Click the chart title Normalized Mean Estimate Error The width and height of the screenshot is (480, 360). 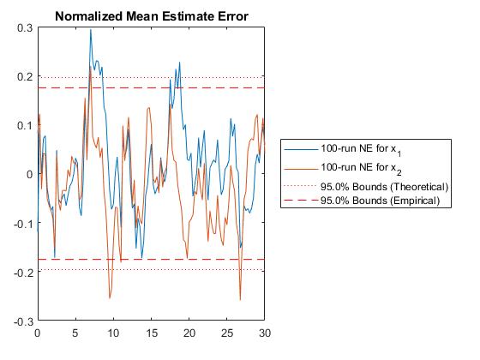(152, 16)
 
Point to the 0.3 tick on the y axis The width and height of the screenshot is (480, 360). (25, 28)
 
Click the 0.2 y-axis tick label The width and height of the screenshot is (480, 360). (25, 76)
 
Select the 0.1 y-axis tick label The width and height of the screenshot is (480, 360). (25, 125)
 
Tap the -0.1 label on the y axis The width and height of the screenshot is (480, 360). (23, 224)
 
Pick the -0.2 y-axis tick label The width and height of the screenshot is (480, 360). (23, 273)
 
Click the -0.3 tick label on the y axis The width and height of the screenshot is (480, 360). (23, 321)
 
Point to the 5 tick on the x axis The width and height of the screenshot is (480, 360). (75, 333)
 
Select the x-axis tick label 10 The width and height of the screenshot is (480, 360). (113, 333)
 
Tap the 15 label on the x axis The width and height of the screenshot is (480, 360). (151, 333)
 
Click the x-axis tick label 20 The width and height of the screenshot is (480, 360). (189, 333)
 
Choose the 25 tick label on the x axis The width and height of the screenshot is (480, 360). (227, 333)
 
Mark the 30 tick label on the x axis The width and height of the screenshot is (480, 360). (265, 333)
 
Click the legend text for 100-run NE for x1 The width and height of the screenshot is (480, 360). (361, 150)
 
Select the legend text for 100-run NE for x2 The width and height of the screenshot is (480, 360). (361, 168)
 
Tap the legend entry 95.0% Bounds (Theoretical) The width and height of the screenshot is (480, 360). (385, 187)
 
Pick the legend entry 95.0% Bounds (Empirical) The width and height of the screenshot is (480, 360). (381, 201)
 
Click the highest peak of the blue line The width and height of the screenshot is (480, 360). (91, 30)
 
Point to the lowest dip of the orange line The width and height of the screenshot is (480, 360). (240, 300)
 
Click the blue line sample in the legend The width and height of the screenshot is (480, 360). (301, 149)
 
